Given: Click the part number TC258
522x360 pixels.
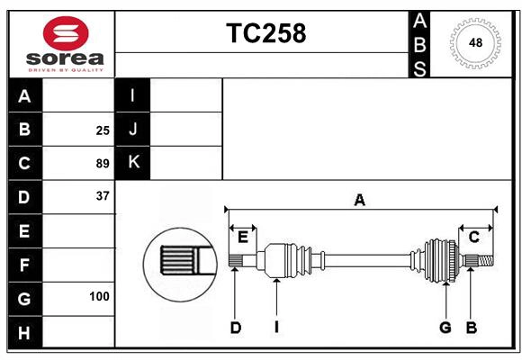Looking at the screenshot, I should pyautogui.click(x=265, y=33).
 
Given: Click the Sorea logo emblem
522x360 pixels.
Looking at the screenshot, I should pyautogui.click(x=65, y=33).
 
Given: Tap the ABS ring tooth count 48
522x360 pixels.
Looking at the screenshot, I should pyautogui.click(x=474, y=43).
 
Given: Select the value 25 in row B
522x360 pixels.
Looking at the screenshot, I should pyautogui.click(x=103, y=130).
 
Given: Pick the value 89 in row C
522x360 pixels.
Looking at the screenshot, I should pyautogui.click(x=103, y=164).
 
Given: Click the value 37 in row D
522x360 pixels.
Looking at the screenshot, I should pyautogui.click(x=103, y=196).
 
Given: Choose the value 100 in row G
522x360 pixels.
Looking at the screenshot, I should pyautogui.click(x=99, y=296).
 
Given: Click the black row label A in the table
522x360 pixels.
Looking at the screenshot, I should pyautogui.click(x=24, y=96).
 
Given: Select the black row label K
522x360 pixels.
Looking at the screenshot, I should pyautogui.click(x=133, y=163).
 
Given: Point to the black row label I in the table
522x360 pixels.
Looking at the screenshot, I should pyautogui.click(x=133, y=96).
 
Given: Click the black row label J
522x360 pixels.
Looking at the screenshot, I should pyautogui.click(x=133, y=130).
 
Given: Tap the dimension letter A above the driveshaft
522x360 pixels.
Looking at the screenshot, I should pyautogui.click(x=359, y=200).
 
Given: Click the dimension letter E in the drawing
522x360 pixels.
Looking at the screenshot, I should pyautogui.click(x=243, y=237).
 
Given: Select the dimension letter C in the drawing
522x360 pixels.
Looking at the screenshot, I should pyautogui.click(x=473, y=237).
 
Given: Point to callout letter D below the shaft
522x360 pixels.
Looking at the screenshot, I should pyautogui.click(x=235, y=328).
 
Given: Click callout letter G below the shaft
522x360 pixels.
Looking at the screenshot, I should pyautogui.click(x=445, y=328).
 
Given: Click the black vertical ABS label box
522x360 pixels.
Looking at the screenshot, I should pyautogui.click(x=419, y=43).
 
